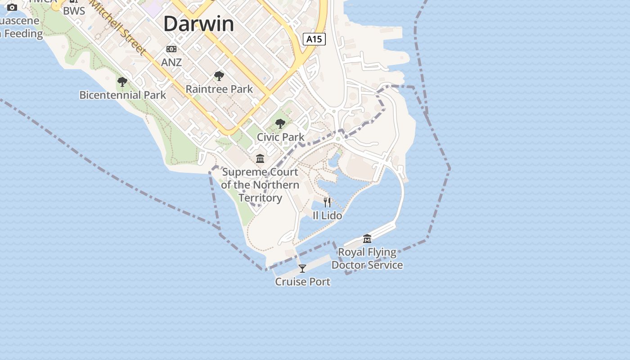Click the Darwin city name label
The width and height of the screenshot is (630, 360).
click(198, 24)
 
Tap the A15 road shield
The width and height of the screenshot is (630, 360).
click(314, 39)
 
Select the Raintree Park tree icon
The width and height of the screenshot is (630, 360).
click(219, 76)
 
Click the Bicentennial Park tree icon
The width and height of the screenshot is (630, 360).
click(122, 82)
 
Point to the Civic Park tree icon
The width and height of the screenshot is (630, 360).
click(280, 124)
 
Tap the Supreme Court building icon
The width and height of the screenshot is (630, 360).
click(260, 158)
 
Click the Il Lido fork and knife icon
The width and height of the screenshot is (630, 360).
click(327, 202)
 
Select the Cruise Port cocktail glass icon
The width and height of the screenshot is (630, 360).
click(302, 269)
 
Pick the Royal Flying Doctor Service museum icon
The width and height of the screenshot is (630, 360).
click(367, 238)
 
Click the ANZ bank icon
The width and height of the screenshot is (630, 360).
click(171, 49)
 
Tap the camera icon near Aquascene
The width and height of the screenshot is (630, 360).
click(12, 7)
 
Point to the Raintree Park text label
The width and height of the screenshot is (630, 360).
click(220, 89)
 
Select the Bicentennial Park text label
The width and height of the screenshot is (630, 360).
click(123, 95)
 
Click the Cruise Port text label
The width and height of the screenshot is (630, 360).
click(303, 282)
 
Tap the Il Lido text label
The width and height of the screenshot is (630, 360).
click(327, 216)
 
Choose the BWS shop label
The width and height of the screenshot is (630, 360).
click(74, 11)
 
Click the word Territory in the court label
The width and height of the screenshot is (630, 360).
click(260, 198)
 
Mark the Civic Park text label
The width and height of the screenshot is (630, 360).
click(281, 137)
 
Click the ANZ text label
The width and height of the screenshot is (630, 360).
click(171, 62)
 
